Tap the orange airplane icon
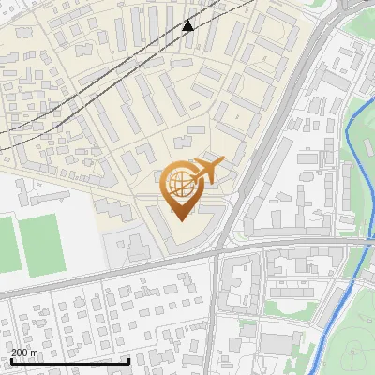(207, 172)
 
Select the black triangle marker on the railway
(188, 24)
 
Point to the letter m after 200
(37, 352)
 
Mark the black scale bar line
(70, 361)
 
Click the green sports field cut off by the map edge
(6, 242)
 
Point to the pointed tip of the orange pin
(180, 218)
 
